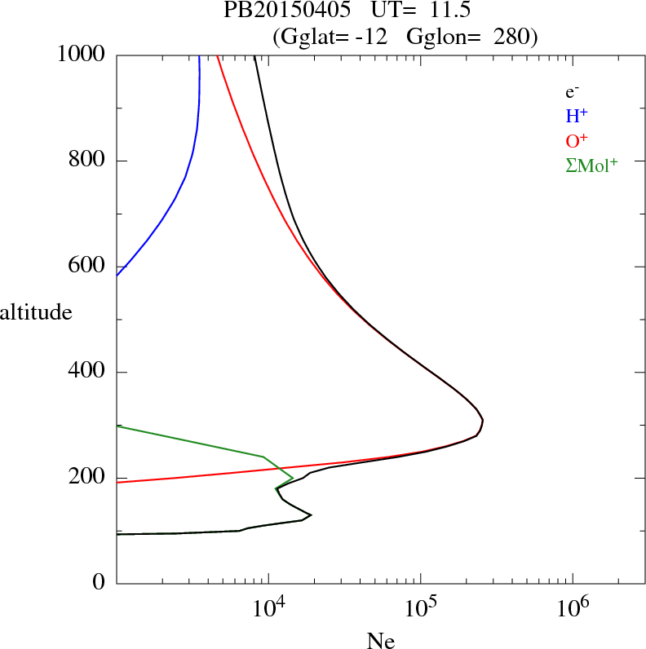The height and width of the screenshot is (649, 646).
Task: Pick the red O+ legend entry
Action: click(577, 140)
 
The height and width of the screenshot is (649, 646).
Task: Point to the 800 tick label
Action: click(88, 161)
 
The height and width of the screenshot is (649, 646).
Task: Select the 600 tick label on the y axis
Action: click(88, 267)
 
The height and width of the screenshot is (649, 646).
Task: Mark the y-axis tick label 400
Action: click(88, 373)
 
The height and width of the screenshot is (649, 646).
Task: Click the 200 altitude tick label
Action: click(88, 479)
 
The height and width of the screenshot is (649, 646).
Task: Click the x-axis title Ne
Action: click(380, 641)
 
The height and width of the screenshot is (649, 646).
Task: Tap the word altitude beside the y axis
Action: click(37, 311)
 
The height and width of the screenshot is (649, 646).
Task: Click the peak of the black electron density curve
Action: click(483, 421)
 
